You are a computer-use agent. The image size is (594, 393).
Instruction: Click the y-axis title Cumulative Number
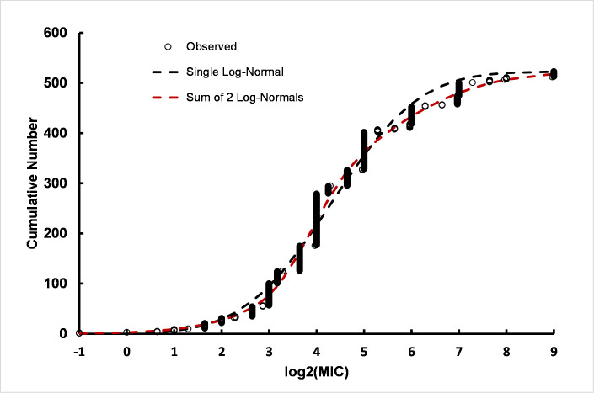32,183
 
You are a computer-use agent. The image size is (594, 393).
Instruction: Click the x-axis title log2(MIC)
315,373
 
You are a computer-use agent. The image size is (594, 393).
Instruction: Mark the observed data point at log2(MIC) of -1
79,333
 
